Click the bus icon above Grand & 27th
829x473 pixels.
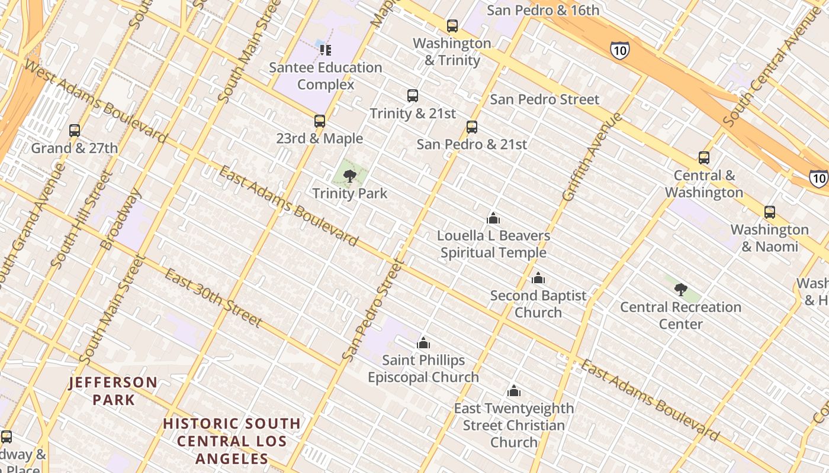pyautogui.click(x=75, y=131)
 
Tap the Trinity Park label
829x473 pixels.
pyautogui.click(x=349, y=193)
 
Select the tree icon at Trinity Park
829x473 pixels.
pyautogui.click(x=350, y=175)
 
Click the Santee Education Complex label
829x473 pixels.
pyautogui.click(x=326, y=76)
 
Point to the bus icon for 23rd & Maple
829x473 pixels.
pyautogui.click(x=320, y=121)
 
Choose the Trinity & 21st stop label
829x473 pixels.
pyautogui.click(x=413, y=113)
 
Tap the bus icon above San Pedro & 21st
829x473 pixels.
pyautogui.click(x=472, y=127)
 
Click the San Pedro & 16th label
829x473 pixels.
pyautogui.click(x=543, y=10)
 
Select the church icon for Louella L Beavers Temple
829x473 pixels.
pyautogui.click(x=493, y=218)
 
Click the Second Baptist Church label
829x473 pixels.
pyautogui.click(x=538, y=303)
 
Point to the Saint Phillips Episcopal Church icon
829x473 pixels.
pyautogui.click(x=423, y=343)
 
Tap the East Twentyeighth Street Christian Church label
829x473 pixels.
pyautogui.click(x=514, y=425)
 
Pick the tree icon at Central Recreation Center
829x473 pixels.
pyautogui.click(x=681, y=290)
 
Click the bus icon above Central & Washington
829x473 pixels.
pyautogui.click(x=704, y=158)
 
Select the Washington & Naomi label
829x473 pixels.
pyautogui.click(x=770, y=238)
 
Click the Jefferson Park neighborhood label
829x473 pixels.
pyautogui.click(x=113, y=391)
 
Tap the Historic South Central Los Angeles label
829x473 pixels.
pyautogui.click(x=232, y=440)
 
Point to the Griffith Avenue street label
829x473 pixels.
pyautogui.click(x=592, y=157)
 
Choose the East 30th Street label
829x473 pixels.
pyautogui.click(x=213, y=297)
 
